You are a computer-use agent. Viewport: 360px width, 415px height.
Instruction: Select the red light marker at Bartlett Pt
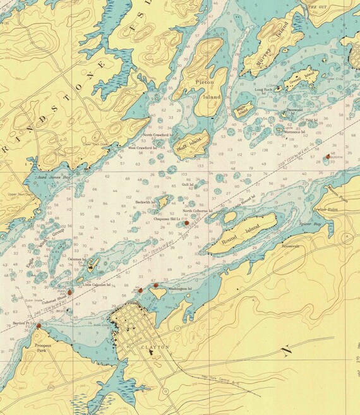(39, 326)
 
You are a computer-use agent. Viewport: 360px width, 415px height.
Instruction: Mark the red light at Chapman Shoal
(186, 223)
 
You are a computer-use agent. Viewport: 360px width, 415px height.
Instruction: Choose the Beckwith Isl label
(147, 201)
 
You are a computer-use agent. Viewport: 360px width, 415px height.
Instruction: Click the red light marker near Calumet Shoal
(69, 292)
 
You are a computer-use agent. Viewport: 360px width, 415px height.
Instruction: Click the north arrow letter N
(287, 349)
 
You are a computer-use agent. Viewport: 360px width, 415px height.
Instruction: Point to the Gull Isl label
(186, 184)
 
